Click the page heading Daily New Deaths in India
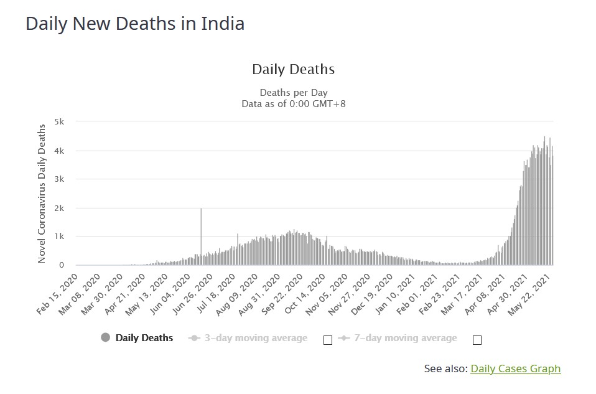(135, 24)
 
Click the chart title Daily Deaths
(293, 69)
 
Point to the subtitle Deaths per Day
(293, 93)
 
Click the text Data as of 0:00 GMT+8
(293, 104)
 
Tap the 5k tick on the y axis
(60, 122)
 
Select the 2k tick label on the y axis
(60, 208)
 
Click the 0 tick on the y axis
(62, 265)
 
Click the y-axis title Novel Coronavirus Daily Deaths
(42, 194)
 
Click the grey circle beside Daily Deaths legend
(105, 338)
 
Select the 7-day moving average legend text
(405, 338)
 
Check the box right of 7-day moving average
(477, 340)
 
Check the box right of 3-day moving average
(328, 340)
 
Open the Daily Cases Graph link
(515, 368)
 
